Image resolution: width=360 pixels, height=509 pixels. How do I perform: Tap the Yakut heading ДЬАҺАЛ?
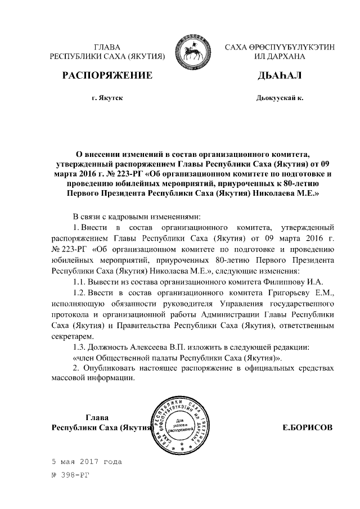279,75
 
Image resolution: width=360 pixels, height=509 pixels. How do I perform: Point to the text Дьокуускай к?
279,98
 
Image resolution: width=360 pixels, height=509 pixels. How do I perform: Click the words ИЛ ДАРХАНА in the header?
279,57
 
